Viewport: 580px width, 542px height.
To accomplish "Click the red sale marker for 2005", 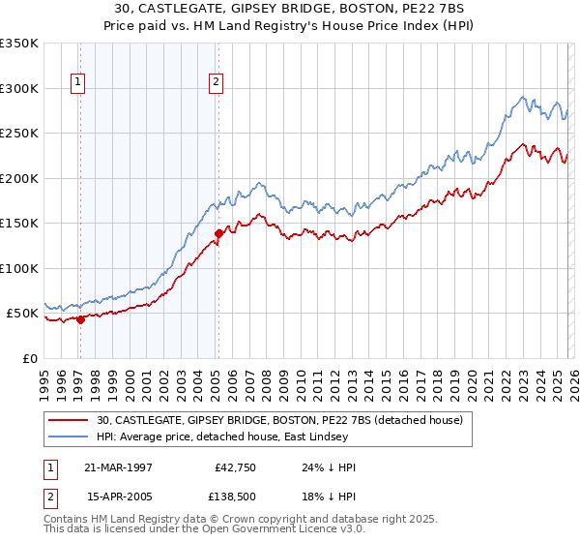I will pyautogui.click(x=219, y=233).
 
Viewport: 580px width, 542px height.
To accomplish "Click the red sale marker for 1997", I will pyautogui.click(x=80, y=320).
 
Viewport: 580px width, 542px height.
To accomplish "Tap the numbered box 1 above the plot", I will pyautogui.click(x=76, y=83).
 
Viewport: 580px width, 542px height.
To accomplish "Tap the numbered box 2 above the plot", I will pyautogui.click(x=216, y=83).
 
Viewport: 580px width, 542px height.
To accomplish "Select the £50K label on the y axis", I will pyautogui.click(x=22, y=314).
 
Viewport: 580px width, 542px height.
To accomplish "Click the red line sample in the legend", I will pyautogui.click(x=68, y=420).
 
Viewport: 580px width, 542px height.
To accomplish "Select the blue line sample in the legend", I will pyautogui.click(x=68, y=437).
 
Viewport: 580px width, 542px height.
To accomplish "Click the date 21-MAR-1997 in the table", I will pyautogui.click(x=121, y=467).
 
